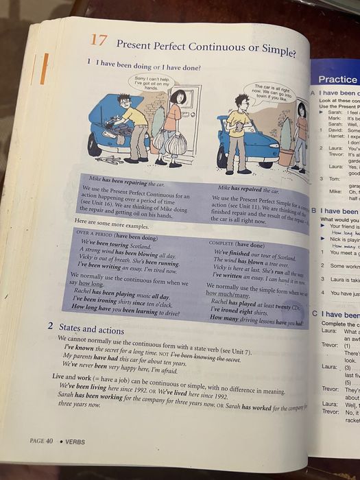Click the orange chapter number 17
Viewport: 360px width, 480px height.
[x=98, y=40]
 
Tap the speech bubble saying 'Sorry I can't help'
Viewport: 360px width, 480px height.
[x=151, y=83]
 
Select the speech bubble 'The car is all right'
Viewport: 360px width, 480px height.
[x=272, y=91]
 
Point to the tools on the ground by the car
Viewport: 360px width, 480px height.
[x=109, y=160]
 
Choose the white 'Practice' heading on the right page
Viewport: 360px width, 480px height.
[x=338, y=80]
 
